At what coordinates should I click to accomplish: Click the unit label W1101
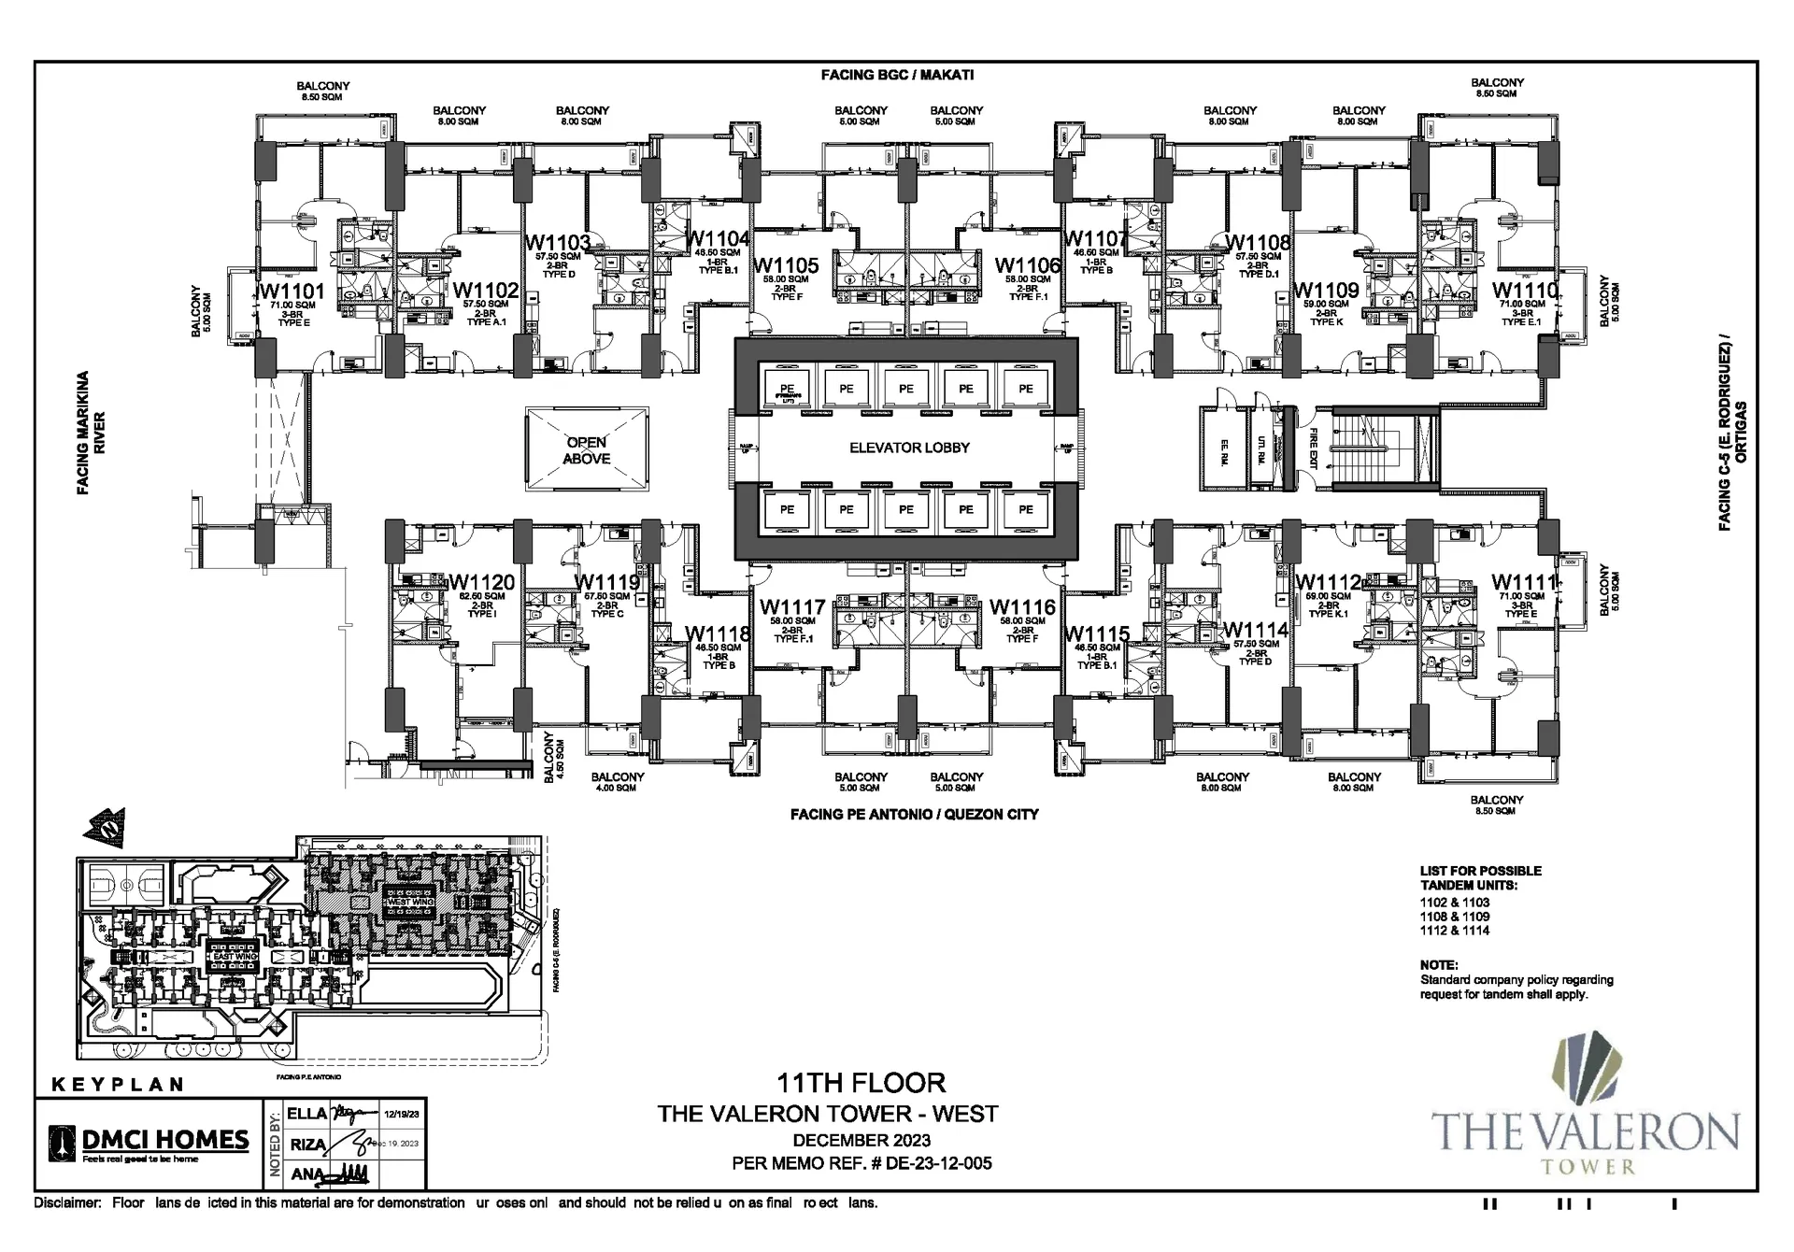coord(292,291)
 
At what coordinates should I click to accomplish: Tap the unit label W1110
coord(1525,291)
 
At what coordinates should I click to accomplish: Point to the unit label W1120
coord(481,583)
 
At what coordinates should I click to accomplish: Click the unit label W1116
coord(1022,607)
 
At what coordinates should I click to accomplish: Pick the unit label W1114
coord(1255,631)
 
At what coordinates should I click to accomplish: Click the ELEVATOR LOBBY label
coord(909,448)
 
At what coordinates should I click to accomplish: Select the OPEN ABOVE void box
coord(587,449)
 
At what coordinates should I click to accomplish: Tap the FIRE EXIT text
coord(1313,448)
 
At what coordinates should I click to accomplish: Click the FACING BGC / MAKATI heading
coord(897,75)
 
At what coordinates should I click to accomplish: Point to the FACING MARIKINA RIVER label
coord(91,433)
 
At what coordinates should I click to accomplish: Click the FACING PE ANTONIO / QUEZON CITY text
coord(914,815)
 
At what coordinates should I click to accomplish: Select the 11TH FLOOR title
coord(861,1083)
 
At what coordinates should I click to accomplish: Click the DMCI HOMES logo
coord(150,1141)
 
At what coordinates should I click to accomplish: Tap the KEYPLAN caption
coord(117,1085)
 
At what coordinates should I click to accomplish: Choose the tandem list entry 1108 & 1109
coord(1455,917)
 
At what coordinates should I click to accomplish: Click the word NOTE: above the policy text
coord(1438,965)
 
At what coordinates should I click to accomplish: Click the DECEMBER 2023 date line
coord(861,1140)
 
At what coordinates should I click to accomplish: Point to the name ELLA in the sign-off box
coord(306,1114)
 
